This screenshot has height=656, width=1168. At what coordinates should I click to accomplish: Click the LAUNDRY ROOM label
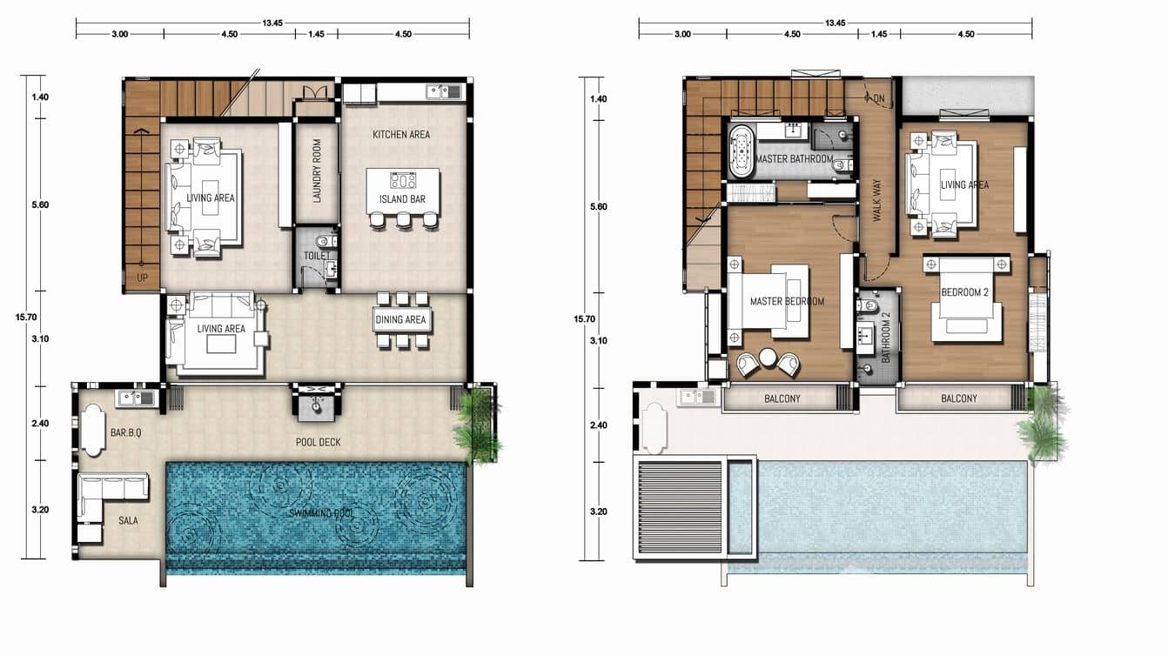pyautogui.click(x=317, y=171)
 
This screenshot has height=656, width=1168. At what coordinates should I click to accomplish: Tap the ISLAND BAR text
pyautogui.click(x=402, y=199)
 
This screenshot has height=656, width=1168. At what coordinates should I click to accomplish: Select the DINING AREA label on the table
pyautogui.click(x=401, y=319)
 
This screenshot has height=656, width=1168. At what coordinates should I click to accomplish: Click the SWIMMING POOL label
pyautogui.click(x=321, y=514)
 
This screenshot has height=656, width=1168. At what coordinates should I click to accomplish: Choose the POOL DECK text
pyautogui.click(x=318, y=442)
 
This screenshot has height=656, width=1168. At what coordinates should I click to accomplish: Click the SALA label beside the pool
pyautogui.click(x=127, y=520)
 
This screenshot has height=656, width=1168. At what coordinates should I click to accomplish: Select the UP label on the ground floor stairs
pyautogui.click(x=141, y=278)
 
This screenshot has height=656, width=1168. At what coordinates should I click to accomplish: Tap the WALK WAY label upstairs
pyautogui.click(x=876, y=200)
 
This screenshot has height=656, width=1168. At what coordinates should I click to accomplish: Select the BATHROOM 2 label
pyautogui.click(x=886, y=338)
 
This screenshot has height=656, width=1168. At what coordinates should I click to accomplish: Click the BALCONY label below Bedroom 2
pyautogui.click(x=958, y=398)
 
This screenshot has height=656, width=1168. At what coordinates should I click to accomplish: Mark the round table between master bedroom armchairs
pyautogui.click(x=768, y=358)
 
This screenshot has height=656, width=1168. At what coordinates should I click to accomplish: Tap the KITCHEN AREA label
pyautogui.click(x=400, y=135)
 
